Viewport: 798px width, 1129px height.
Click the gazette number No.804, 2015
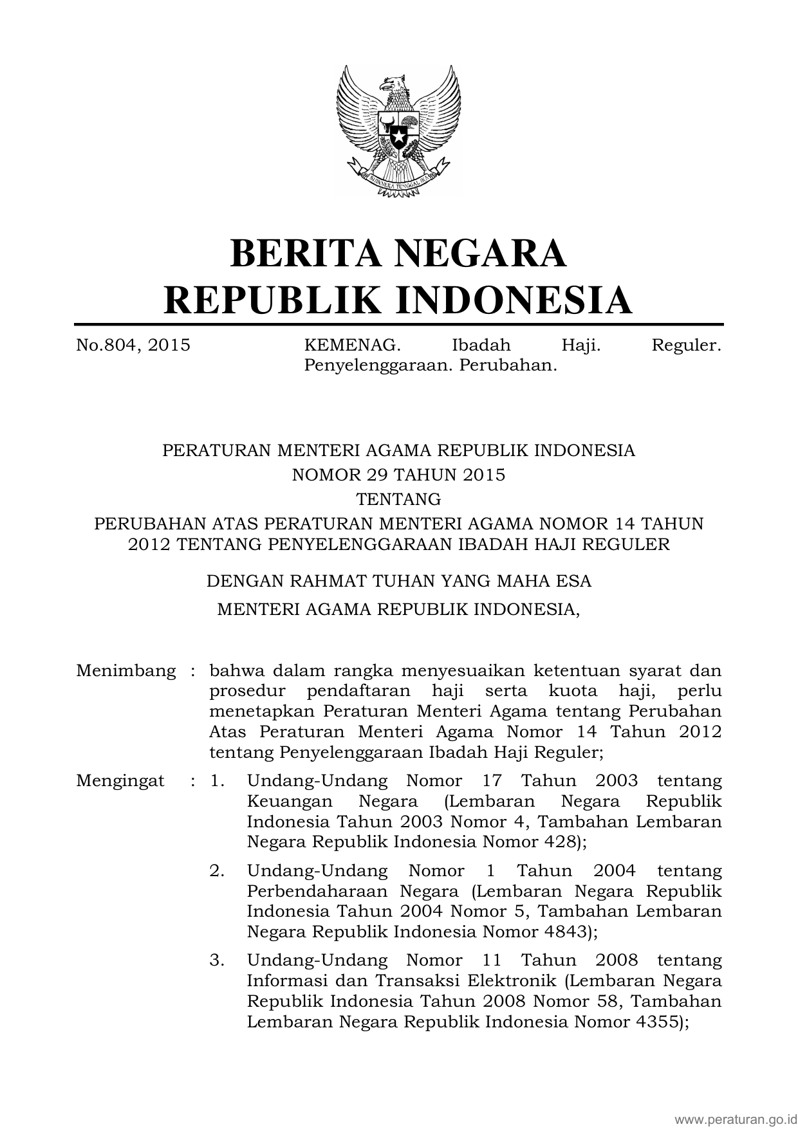coord(133,345)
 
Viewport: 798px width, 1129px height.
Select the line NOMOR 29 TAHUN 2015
coord(398,475)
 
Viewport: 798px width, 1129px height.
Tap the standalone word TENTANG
coord(398,499)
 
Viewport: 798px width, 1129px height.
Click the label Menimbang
coord(125,671)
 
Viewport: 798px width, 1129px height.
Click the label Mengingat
coord(120,781)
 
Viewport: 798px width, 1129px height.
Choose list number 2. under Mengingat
coord(217,871)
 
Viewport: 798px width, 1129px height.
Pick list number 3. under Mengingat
coord(217,960)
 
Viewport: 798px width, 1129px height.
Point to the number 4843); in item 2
coord(568,932)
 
